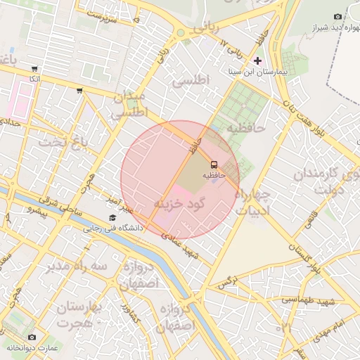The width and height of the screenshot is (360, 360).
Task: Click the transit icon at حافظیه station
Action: pos(213,162)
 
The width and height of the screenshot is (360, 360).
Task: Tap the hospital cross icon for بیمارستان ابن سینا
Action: pos(258,61)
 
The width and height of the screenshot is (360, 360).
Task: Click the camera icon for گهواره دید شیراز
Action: pos(338,16)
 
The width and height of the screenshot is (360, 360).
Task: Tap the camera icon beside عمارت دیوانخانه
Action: pos(30,337)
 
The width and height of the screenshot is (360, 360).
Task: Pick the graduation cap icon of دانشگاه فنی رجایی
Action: pos(112,217)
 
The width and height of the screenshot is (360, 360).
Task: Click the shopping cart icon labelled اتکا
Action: pos(34,70)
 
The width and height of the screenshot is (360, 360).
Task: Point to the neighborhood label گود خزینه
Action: pos(179,202)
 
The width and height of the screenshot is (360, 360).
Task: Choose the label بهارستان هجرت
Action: pos(79,316)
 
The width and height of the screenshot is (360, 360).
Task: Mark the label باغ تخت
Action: pos(65,143)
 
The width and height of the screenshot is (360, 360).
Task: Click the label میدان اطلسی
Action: pos(129,104)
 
